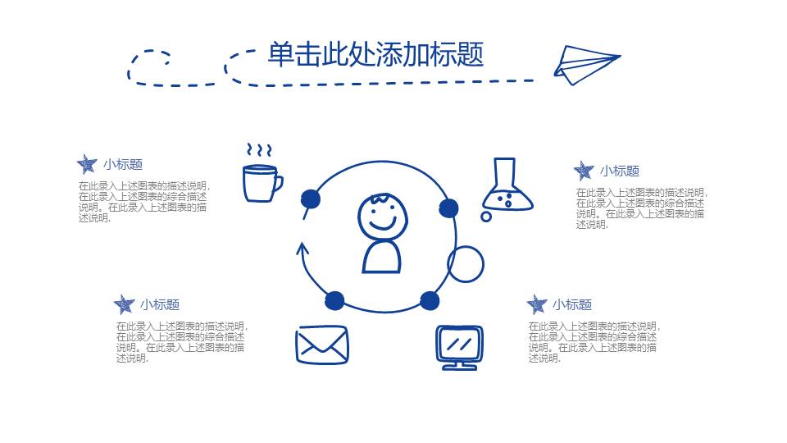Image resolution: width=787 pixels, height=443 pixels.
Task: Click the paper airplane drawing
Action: click(x=584, y=64)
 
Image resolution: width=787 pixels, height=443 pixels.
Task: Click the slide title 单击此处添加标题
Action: click(x=375, y=54)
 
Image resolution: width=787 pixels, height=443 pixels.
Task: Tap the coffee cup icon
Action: click(x=261, y=182)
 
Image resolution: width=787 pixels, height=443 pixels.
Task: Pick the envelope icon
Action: click(x=322, y=345)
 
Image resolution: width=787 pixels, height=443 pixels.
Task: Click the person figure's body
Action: click(x=382, y=256)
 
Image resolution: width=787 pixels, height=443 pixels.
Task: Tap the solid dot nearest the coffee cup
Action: click(x=310, y=199)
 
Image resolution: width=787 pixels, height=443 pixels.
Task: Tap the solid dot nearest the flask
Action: click(x=448, y=208)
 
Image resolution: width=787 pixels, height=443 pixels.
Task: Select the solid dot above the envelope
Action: click(x=334, y=300)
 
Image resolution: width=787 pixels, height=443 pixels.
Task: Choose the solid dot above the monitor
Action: click(x=430, y=300)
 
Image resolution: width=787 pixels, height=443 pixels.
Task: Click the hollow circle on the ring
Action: click(x=466, y=264)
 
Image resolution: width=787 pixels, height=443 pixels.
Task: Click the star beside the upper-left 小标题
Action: click(x=86, y=164)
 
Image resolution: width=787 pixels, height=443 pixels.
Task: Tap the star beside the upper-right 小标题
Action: click(x=583, y=171)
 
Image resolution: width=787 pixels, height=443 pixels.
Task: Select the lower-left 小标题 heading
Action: click(x=160, y=304)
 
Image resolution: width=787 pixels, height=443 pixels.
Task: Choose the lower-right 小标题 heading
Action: click(x=572, y=304)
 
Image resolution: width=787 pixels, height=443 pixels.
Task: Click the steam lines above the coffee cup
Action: click(x=260, y=151)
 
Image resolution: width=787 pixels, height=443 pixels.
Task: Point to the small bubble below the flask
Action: click(x=486, y=217)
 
